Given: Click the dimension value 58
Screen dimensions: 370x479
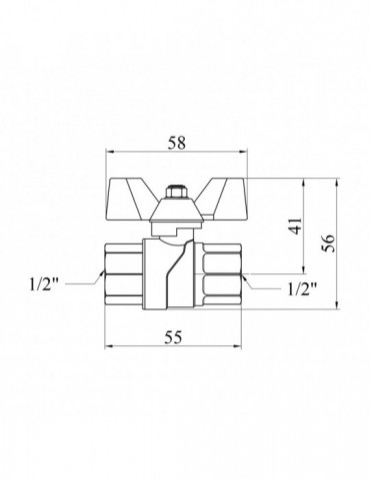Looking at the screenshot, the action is tap(176, 144).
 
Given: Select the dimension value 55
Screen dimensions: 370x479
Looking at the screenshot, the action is tap(174, 337).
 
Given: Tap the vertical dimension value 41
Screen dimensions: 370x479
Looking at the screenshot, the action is tap(296, 227).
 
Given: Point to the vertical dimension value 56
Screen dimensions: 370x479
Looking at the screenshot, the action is tap(329, 243).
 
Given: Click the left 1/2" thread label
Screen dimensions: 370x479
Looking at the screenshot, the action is tap(44, 284).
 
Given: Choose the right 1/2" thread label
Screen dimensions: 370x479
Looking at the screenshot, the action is tap(302, 289).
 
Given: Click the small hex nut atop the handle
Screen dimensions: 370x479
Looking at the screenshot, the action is tap(173, 193).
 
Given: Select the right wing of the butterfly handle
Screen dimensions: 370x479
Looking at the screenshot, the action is tap(224, 200).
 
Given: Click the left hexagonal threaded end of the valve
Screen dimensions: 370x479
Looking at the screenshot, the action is tap(124, 274).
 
